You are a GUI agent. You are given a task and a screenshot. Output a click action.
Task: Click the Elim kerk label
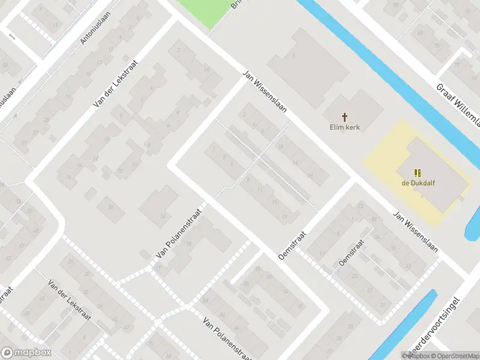[x=344, y=127]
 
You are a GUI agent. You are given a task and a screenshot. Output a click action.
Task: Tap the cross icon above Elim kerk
[x=345, y=116]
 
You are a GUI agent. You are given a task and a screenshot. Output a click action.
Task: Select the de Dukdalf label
[x=418, y=184]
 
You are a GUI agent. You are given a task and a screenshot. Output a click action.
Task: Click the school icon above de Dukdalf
[x=418, y=173]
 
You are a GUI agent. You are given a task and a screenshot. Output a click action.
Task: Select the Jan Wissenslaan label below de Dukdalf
[x=415, y=231]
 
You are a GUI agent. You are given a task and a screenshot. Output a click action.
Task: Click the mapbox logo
[x=26, y=353]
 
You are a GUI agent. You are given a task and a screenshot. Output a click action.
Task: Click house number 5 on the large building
[x=293, y=56]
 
